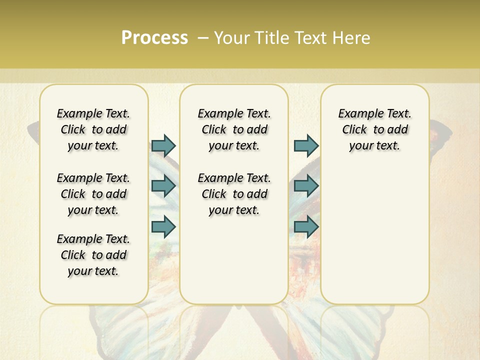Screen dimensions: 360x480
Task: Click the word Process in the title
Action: pyautogui.click(x=154, y=38)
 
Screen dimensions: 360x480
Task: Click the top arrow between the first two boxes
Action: pyautogui.click(x=163, y=145)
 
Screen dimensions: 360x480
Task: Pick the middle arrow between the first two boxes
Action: pyautogui.click(x=163, y=186)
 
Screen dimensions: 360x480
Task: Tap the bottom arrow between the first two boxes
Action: pyautogui.click(x=163, y=226)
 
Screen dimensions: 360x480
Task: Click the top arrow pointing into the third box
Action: pyautogui.click(x=306, y=145)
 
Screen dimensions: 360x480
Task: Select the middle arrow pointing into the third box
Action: pyautogui.click(x=306, y=186)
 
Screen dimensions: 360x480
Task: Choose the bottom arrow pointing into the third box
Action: pyautogui.click(x=306, y=226)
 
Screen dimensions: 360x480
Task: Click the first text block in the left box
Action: pyautogui.click(x=93, y=129)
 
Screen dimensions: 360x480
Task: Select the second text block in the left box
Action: pyautogui.click(x=93, y=194)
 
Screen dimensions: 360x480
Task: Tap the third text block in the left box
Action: pyautogui.click(x=93, y=255)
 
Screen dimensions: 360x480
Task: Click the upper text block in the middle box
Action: pyautogui.click(x=234, y=129)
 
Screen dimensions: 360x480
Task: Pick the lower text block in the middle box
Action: pyautogui.click(x=234, y=194)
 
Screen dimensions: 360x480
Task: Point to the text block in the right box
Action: pyautogui.click(x=374, y=129)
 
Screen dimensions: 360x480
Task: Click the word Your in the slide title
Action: pyautogui.click(x=230, y=38)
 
